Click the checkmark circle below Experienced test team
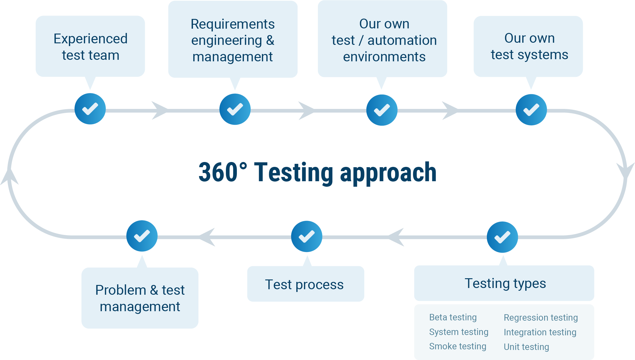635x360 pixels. click(90, 109)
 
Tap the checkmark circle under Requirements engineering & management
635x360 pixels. click(235, 109)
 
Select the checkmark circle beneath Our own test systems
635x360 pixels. click(531, 110)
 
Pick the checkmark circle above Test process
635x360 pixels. click(307, 236)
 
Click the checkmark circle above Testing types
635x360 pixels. click(502, 237)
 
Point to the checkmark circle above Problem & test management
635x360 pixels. click(142, 236)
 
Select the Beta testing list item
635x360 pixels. click(453, 317)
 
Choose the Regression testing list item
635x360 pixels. click(540, 318)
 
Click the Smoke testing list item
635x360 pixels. click(458, 346)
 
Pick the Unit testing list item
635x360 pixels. click(526, 347)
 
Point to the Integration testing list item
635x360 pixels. click(540, 332)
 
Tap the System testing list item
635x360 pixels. click(458, 332)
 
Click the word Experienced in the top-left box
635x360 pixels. click(91, 39)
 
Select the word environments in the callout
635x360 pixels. click(384, 57)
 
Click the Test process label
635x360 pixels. click(304, 284)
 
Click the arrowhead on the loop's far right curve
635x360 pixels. click(625, 171)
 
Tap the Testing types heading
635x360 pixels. click(505, 283)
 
